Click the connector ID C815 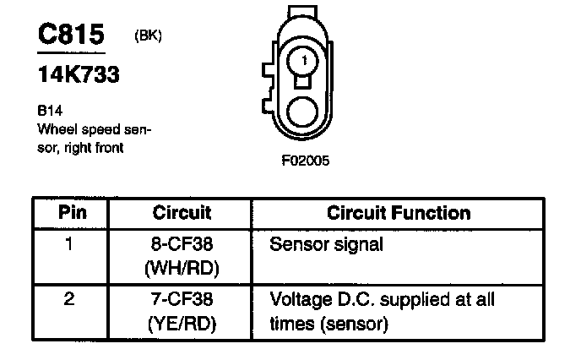click(71, 35)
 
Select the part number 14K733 click(77, 75)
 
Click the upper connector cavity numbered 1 click(304, 60)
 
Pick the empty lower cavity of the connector click(303, 112)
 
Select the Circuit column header click(182, 212)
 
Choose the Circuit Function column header click(399, 212)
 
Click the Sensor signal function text click(326, 246)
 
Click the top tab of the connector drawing click(303, 11)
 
